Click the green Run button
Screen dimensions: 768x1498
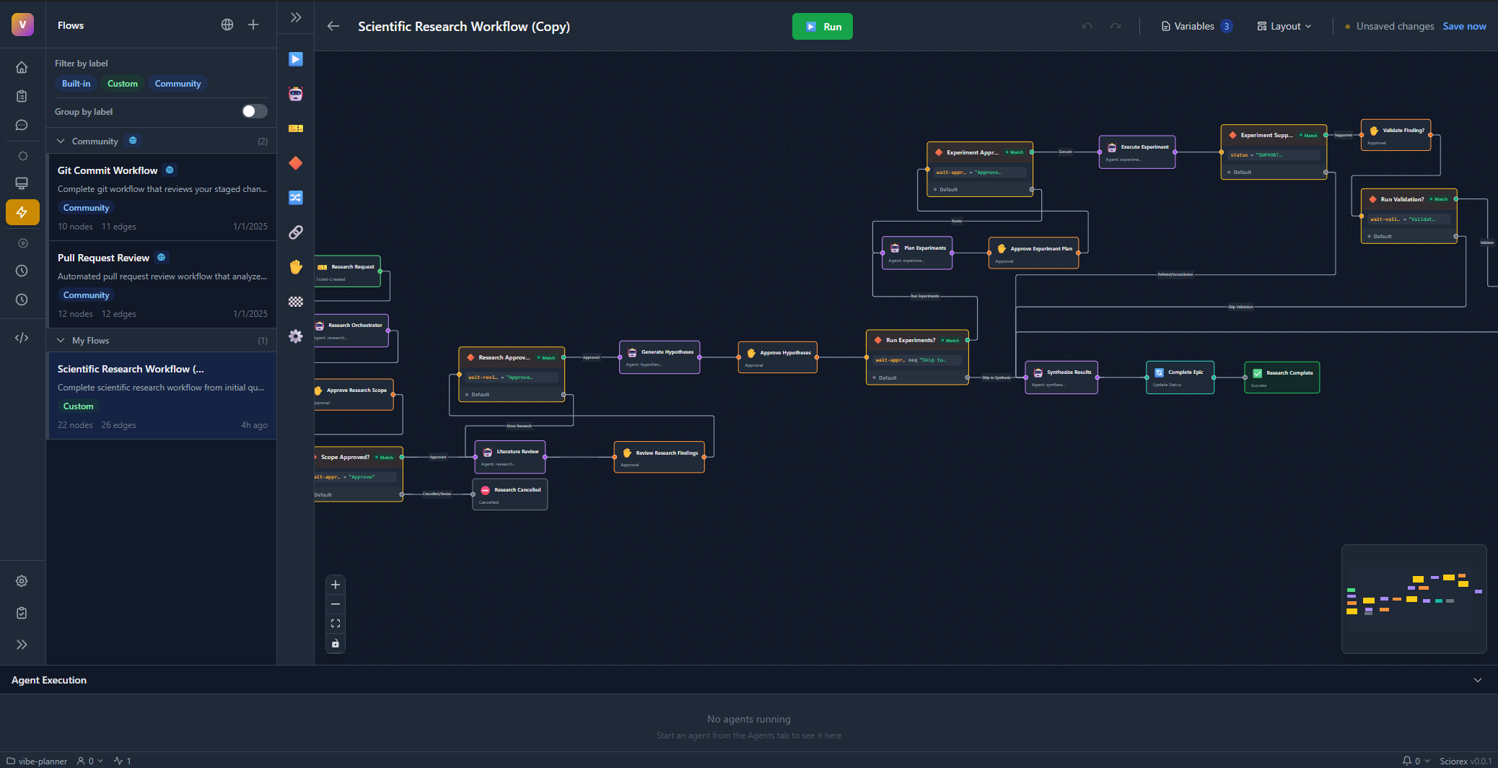pyautogui.click(x=822, y=27)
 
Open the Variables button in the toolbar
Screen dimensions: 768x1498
pyautogui.click(x=1196, y=27)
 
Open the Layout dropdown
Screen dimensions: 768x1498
pyautogui.click(x=1284, y=27)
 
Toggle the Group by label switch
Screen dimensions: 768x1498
pyautogui.click(x=254, y=111)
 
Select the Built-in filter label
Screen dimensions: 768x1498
pyautogui.click(x=76, y=84)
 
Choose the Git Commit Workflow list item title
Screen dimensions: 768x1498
pyautogui.click(x=108, y=170)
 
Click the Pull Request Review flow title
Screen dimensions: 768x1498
pyautogui.click(x=103, y=258)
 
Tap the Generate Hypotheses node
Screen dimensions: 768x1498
pyautogui.click(x=660, y=357)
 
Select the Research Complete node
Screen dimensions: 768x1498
pyautogui.click(x=1282, y=378)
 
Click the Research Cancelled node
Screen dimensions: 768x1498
pyautogui.click(x=510, y=494)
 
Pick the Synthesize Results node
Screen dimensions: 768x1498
pyautogui.click(x=1061, y=378)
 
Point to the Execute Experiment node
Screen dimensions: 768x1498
pyautogui.click(x=1137, y=152)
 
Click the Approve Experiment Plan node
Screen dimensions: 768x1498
pyautogui.click(x=1033, y=253)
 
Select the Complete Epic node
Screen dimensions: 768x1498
pyautogui.click(x=1180, y=378)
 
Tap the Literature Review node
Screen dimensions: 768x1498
pyautogui.click(x=509, y=457)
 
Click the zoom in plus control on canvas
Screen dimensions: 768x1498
pyautogui.click(x=336, y=585)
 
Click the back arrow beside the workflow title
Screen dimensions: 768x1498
pyautogui.click(x=333, y=27)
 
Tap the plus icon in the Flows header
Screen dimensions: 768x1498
pyautogui.click(x=253, y=25)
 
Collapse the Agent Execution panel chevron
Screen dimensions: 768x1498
pyautogui.click(x=1477, y=680)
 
